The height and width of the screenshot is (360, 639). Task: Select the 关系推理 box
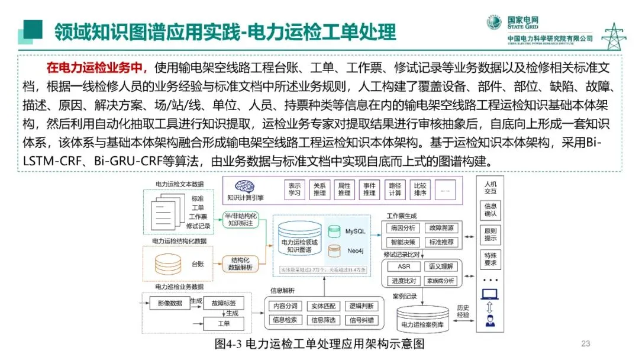(319, 188)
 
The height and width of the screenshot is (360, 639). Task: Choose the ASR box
(404, 266)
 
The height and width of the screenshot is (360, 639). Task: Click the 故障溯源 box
(441, 228)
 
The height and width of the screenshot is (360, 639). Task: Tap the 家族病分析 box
(441, 281)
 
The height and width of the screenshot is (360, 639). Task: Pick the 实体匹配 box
(323, 306)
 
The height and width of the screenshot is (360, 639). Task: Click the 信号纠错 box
(360, 320)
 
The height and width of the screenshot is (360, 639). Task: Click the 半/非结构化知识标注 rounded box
(240, 220)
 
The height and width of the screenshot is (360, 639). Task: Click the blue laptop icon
(490, 294)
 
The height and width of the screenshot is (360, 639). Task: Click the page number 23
(586, 343)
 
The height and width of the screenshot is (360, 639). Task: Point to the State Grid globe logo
(494, 22)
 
